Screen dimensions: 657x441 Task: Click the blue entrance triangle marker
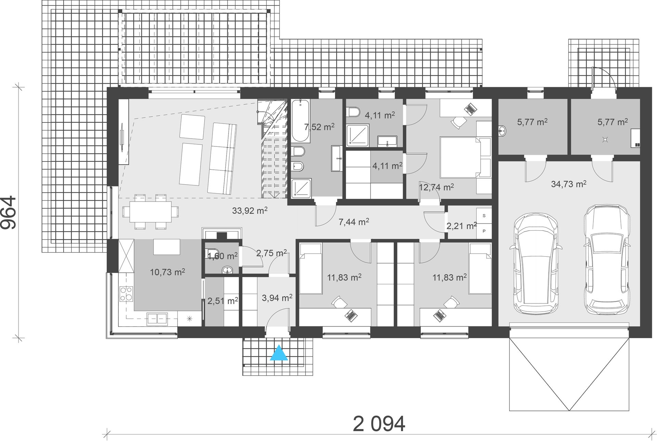click(x=279, y=353)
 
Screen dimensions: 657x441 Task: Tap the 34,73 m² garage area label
click(x=569, y=184)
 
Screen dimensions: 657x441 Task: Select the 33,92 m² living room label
click(x=250, y=210)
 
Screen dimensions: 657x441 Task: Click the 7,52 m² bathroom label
click(x=319, y=127)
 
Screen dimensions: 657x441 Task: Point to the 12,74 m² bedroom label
click(x=437, y=187)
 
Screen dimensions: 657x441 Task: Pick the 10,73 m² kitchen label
click(x=167, y=272)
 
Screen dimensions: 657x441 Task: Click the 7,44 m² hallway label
click(x=354, y=222)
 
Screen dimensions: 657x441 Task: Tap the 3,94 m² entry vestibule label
click(x=277, y=298)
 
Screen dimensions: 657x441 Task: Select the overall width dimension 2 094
click(x=379, y=424)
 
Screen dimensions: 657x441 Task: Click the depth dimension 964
click(x=8, y=212)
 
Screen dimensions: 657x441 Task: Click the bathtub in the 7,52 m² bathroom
click(x=301, y=121)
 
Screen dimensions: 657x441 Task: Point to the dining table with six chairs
click(x=151, y=211)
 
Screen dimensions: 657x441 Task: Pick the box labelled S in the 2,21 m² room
click(x=484, y=216)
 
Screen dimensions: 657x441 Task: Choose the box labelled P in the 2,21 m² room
click(x=484, y=231)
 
